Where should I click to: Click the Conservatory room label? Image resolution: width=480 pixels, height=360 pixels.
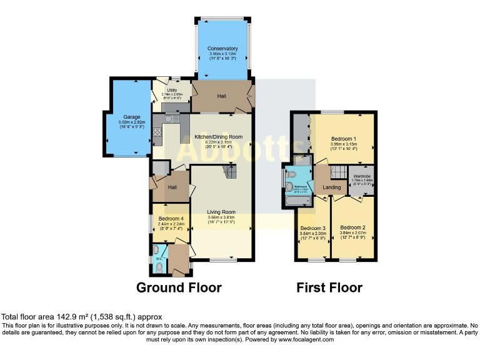coord(222,48)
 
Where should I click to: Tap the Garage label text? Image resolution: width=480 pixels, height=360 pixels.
coord(131,117)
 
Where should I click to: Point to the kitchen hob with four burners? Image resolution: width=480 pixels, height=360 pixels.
coord(157,131)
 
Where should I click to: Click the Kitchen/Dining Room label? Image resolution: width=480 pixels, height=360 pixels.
coord(218,136)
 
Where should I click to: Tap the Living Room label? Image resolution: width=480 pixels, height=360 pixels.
coord(221,212)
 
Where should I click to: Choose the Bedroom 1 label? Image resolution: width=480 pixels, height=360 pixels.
coord(343,139)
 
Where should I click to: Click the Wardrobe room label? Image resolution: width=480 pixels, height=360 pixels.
coord(362,177)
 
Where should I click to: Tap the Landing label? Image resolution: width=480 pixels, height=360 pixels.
coord(331,187)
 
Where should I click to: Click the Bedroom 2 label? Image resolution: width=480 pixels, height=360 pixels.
coord(352,227)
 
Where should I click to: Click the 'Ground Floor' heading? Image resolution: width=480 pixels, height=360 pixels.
coord(179,287)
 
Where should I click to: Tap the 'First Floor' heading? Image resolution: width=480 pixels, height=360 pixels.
coord(329,287)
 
